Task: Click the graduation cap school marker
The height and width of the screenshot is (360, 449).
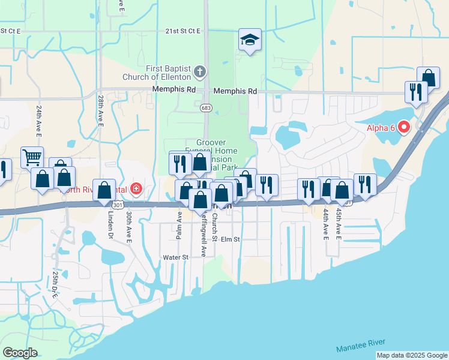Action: coord(250,40)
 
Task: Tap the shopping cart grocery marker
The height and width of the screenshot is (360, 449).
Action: coord(32,158)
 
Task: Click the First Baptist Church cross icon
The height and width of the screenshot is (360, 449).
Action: coord(200,73)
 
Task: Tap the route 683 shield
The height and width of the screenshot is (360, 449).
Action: coord(206,107)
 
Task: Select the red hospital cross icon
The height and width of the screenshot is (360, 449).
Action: coord(136,190)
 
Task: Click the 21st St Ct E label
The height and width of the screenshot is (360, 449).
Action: coord(19,31)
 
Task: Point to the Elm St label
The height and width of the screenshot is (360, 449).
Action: coord(230,239)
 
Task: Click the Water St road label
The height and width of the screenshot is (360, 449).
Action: coord(176,257)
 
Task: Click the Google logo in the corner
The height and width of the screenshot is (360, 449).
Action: coord(20,353)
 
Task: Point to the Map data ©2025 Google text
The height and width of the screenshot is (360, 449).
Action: coord(412,355)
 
